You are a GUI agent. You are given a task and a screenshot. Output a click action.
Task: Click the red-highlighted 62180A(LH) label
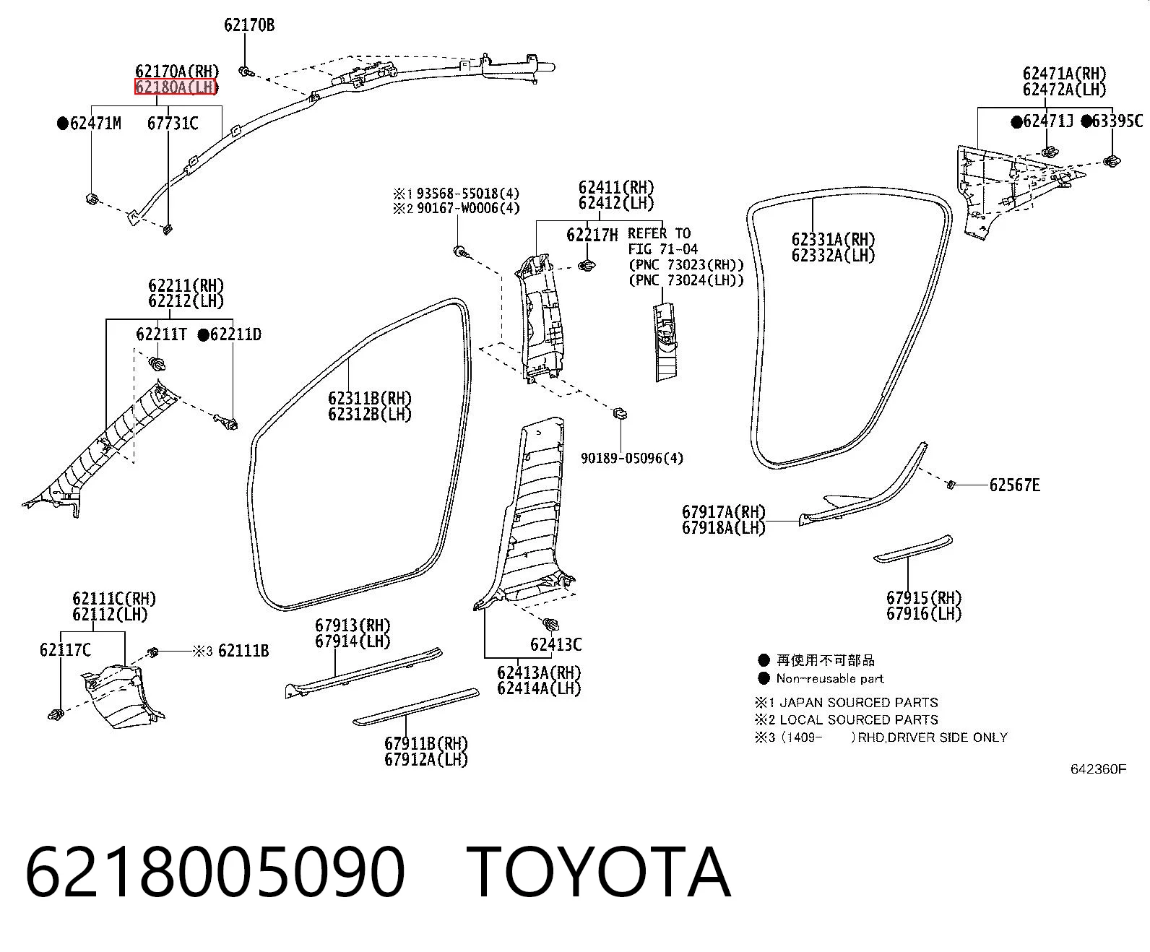[x=176, y=87]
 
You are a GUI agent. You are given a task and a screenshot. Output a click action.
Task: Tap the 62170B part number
[x=249, y=25]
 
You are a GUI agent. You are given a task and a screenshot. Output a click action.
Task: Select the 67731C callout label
[x=173, y=123]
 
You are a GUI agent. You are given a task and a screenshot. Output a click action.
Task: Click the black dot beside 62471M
[x=63, y=123]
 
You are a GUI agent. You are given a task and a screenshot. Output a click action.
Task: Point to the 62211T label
[x=161, y=334]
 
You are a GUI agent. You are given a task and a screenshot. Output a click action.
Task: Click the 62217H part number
[x=592, y=235]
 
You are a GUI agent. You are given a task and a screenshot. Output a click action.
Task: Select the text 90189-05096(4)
[x=632, y=458]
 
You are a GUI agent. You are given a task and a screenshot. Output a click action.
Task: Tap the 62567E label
[x=1014, y=485]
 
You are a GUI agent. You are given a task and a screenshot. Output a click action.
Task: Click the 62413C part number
[x=555, y=644]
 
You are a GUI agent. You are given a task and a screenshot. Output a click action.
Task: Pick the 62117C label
[x=65, y=650]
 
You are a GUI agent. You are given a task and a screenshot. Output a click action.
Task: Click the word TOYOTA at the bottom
[x=598, y=872]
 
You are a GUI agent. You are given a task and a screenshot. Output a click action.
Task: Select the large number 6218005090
[x=215, y=872]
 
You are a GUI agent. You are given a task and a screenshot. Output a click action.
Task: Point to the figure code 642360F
[x=1098, y=769]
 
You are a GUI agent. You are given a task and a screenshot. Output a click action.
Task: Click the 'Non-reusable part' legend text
[x=830, y=678]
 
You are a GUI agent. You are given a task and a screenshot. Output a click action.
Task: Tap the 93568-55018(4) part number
[x=467, y=194]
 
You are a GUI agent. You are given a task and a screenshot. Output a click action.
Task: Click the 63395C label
[x=1117, y=121]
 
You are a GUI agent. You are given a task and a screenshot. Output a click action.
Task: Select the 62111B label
[x=243, y=652]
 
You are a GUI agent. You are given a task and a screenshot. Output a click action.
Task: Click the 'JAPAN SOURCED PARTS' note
[x=859, y=702]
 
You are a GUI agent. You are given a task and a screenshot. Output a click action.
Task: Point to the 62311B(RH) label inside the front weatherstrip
[x=370, y=398]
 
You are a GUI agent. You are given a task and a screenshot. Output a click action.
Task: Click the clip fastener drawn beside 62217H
[x=587, y=266]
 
